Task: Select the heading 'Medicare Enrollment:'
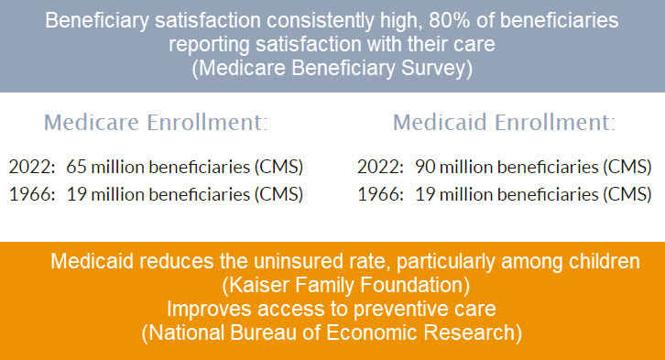tap(156, 123)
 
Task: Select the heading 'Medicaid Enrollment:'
tap(504, 123)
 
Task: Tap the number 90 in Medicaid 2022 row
tap(424, 167)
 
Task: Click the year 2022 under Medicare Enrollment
tap(27, 167)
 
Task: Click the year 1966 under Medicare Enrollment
tap(27, 194)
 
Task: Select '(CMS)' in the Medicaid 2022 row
tap(629, 167)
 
